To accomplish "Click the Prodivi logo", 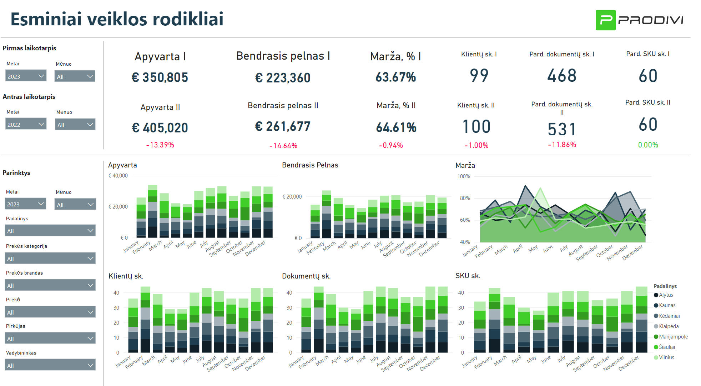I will tap(639, 20).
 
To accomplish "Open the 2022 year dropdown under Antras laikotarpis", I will tap(26, 124).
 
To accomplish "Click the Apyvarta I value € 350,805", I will tap(160, 77).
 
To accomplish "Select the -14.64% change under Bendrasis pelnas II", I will tap(283, 146).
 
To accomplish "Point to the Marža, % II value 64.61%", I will tap(396, 127).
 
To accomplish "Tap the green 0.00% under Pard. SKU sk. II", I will tap(648, 145).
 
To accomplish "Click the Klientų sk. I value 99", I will tap(479, 76).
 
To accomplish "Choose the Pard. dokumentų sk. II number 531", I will tap(562, 129).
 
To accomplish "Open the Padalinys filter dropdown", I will tap(50, 231).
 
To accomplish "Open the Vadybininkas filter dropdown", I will tap(50, 365).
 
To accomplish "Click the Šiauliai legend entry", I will tap(666, 347).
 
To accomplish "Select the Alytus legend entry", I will tap(666, 295).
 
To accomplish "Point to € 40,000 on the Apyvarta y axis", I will tap(118, 176).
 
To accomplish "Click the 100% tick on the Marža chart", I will tap(464, 176).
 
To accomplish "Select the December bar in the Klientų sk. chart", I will tap(268, 320).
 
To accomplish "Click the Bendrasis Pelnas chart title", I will tap(310, 165).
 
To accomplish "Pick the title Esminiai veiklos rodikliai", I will tap(117, 19).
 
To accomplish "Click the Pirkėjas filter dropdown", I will tap(50, 338).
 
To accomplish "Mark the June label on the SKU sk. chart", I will tap(546, 360).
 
